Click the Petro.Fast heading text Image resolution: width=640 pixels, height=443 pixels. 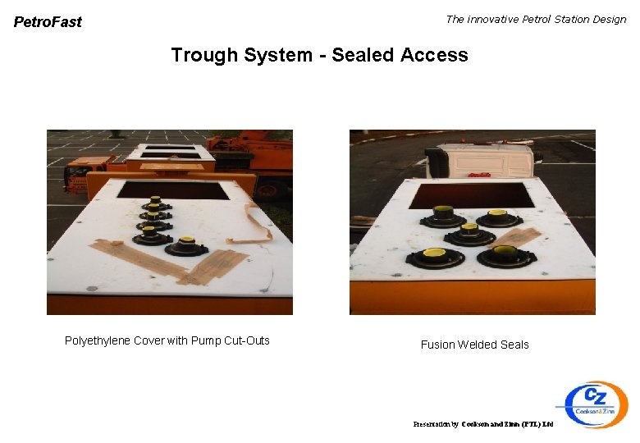(48, 22)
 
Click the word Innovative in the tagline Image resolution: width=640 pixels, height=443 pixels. (493, 19)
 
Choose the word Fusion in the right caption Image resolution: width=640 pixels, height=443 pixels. (438, 345)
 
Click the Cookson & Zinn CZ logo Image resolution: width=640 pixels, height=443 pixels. (592, 404)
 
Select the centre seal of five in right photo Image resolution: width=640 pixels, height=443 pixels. (469, 232)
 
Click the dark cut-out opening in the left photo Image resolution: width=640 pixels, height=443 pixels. (173, 190)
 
